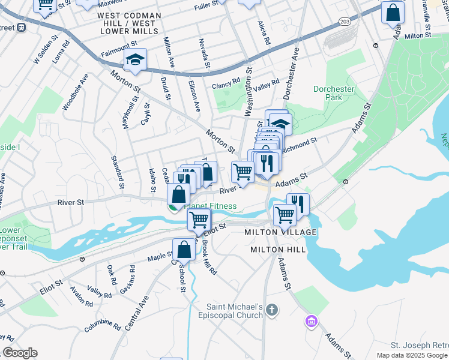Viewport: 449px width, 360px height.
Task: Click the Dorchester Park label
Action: click(x=334, y=93)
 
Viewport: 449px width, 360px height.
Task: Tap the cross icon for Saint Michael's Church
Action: click(x=272, y=310)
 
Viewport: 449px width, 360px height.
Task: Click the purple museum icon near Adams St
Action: click(x=310, y=322)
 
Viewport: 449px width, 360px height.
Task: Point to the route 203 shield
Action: click(x=345, y=21)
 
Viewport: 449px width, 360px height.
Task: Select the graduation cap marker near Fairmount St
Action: click(x=135, y=60)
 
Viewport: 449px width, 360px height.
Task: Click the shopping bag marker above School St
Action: click(x=184, y=250)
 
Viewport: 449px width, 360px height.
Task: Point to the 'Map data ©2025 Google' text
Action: click(x=411, y=355)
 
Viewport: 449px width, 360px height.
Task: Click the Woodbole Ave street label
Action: click(x=75, y=92)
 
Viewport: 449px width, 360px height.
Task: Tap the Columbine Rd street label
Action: click(x=103, y=325)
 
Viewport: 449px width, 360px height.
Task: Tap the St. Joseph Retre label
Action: click(x=419, y=345)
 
